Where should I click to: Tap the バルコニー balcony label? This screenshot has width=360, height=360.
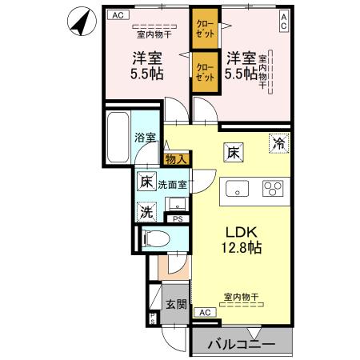click(x=242, y=345)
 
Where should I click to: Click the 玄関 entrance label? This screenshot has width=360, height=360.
click(x=176, y=304)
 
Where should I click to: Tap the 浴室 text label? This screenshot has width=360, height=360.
click(x=144, y=137)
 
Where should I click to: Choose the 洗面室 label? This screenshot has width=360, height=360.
click(x=172, y=184)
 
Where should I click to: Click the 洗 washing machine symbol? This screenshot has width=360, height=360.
click(x=146, y=212)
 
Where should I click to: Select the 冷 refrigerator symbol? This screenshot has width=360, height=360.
click(x=278, y=144)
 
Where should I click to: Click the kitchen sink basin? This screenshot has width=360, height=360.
click(x=238, y=190)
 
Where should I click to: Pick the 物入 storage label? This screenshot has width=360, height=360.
click(x=175, y=159)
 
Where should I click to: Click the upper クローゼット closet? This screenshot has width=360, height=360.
click(x=205, y=29)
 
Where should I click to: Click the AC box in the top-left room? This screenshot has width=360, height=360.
click(x=118, y=14)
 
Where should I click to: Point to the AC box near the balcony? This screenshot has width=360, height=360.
click(x=203, y=312)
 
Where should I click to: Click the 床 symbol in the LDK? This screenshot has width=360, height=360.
click(x=233, y=149)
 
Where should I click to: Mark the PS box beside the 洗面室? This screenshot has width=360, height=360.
click(x=178, y=218)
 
